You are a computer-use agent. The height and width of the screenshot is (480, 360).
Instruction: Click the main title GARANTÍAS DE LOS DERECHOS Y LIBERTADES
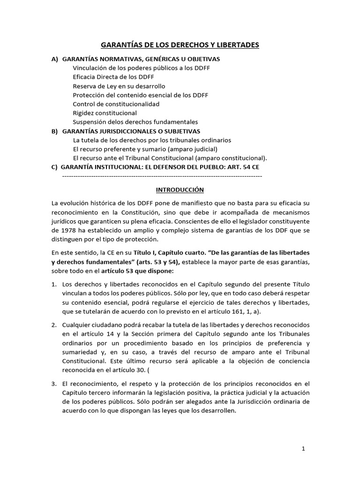(180, 45)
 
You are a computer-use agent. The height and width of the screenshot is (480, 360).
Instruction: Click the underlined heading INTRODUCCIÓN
(180, 190)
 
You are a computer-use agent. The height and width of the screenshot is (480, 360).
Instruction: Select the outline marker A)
(55, 59)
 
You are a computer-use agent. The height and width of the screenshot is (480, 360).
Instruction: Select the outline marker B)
(55, 131)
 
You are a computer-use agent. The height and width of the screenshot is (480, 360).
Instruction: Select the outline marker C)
(55, 167)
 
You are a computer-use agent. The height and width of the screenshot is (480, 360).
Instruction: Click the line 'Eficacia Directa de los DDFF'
(113, 77)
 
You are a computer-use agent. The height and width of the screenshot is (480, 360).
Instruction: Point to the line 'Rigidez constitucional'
(105, 113)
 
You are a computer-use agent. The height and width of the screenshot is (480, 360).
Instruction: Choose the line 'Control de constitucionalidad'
(116, 104)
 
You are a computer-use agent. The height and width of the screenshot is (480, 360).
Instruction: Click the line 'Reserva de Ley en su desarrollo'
(119, 86)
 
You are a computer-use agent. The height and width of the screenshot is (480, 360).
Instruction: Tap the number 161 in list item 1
(254, 311)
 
